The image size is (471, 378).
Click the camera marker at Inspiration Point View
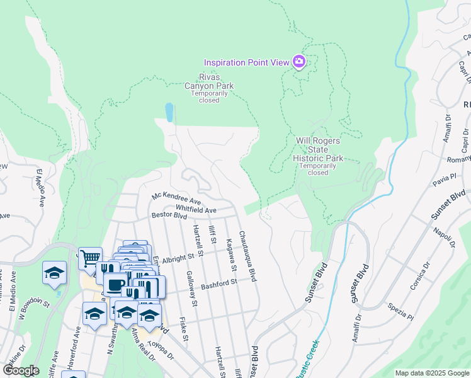[298, 62]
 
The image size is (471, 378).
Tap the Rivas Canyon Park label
[208, 82]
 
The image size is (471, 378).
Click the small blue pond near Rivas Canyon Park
[169, 112]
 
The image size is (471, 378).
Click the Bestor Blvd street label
[169, 216]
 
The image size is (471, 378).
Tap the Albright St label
[177, 258]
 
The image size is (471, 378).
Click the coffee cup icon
[115, 285]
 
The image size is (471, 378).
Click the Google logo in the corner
[21, 370]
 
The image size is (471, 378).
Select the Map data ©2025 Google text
[431, 373]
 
